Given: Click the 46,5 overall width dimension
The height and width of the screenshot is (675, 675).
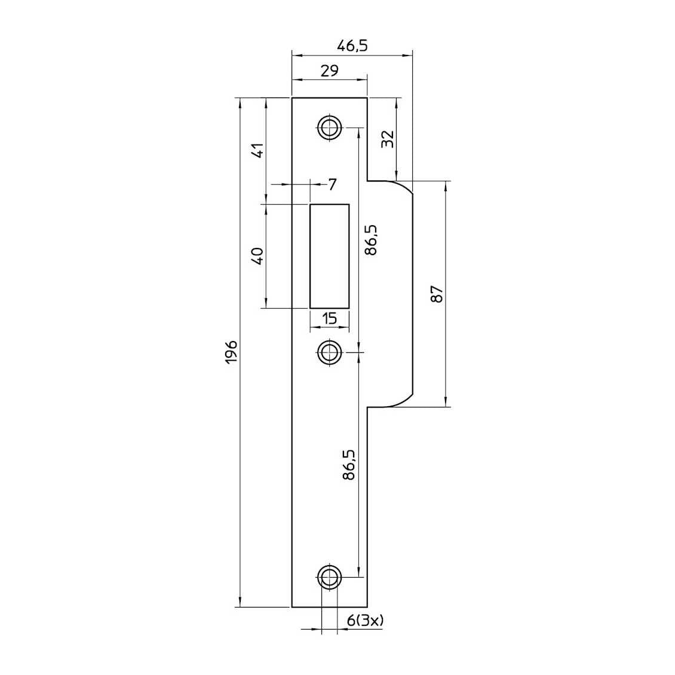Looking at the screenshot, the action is (352, 46).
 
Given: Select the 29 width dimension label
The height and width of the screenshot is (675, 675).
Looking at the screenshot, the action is (329, 70).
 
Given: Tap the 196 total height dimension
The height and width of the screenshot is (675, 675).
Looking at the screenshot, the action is (232, 352).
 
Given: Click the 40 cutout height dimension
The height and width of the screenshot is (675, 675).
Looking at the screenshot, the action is (257, 256).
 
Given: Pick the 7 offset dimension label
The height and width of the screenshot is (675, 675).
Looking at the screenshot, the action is (332, 185).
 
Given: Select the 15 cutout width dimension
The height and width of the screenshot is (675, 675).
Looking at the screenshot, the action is (329, 319).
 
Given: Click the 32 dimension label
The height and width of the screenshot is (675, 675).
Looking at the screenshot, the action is (388, 139).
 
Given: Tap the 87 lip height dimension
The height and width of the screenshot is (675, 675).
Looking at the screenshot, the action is (437, 294).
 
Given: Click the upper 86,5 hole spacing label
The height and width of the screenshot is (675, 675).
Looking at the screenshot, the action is (370, 240).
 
